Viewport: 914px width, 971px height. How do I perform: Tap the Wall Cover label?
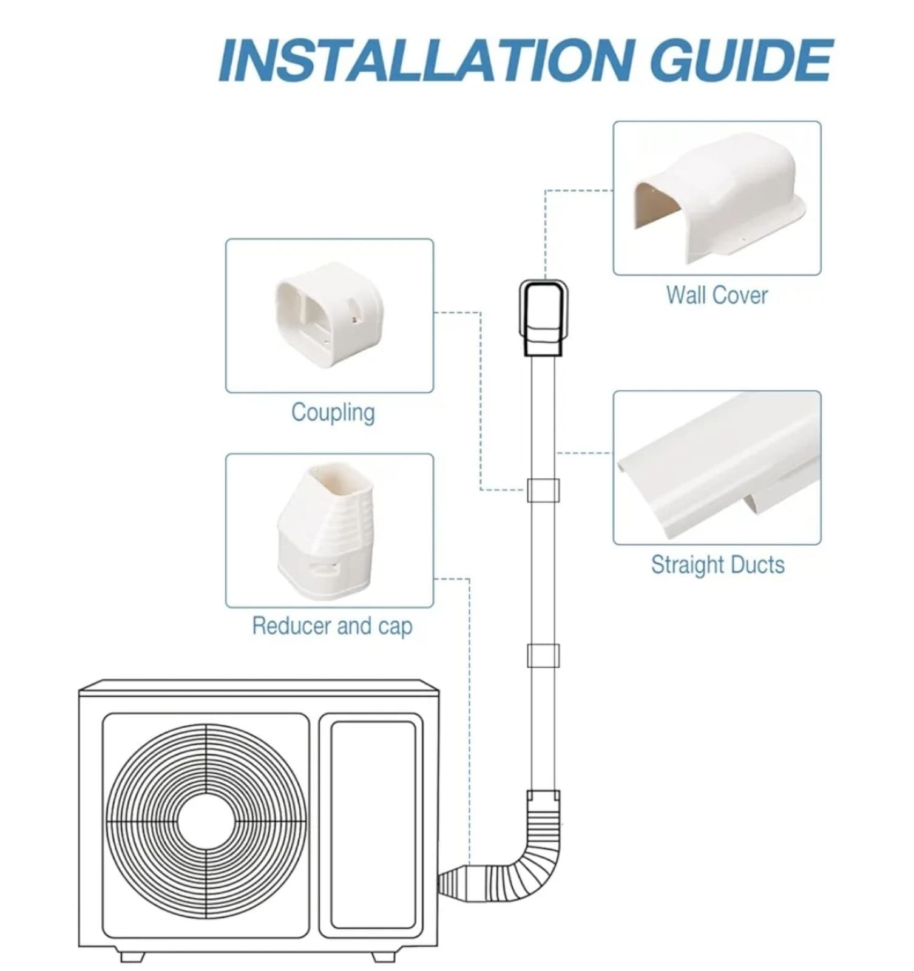[717, 296]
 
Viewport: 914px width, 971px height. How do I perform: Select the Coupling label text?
[333, 413]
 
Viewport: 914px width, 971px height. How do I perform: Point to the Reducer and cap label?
[332, 626]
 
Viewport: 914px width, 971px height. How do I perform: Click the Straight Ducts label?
[717, 565]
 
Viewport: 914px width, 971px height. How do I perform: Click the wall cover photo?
[717, 198]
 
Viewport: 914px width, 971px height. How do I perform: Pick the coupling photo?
[330, 316]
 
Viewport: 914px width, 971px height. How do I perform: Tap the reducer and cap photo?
[330, 530]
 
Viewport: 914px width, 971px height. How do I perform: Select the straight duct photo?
[717, 467]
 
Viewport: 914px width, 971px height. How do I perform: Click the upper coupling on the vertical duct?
[543, 490]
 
